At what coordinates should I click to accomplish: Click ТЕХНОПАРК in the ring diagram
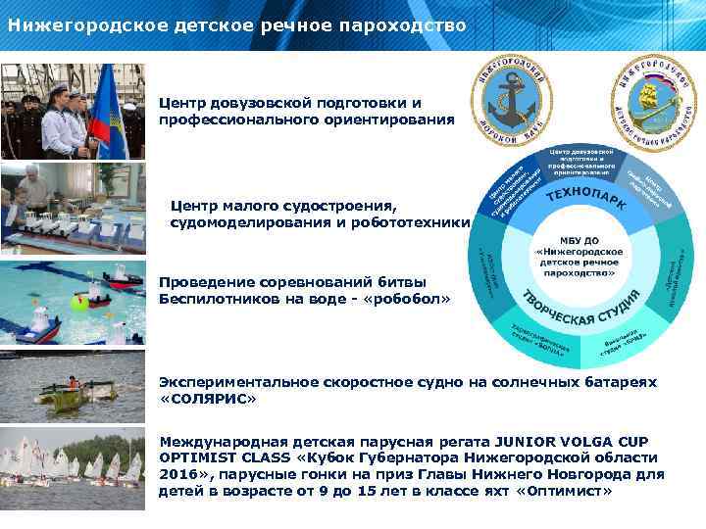point(587,200)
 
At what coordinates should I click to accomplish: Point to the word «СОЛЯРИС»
point(208,399)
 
